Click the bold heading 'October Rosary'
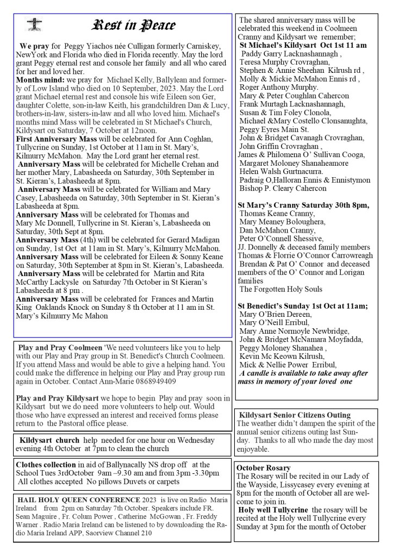pyautogui.click(x=264, y=467)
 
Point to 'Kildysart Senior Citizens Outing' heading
pyautogui.click(x=295, y=415)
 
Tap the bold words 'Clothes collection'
pyautogui.click(x=46, y=465)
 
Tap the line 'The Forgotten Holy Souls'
pyautogui.click(x=281, y=289)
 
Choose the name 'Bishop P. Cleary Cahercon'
pyautogui.click(x=283, y=188)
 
